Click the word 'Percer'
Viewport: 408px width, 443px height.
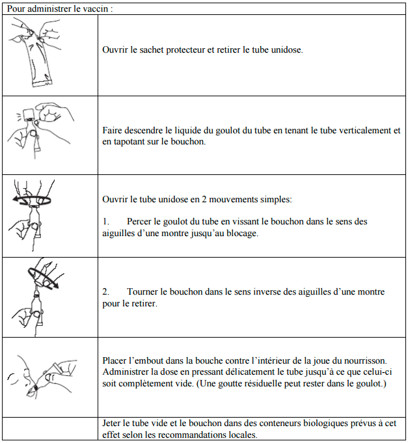[x=140, y=222]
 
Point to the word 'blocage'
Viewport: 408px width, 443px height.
[x=242, y=233]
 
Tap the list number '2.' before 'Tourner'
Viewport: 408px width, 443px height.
[x=107, y=292]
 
